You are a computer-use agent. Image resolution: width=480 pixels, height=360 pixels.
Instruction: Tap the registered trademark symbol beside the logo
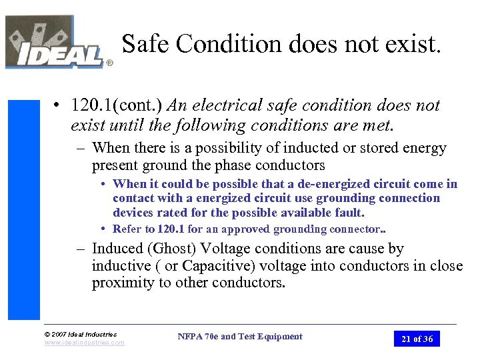109,64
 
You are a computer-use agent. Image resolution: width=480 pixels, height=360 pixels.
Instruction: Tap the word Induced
116,249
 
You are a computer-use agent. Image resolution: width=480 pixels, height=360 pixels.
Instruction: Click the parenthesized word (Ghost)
170,249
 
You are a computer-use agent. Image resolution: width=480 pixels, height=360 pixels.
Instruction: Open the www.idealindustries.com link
84,343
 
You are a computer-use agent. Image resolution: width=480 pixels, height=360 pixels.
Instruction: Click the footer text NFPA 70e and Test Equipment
240,337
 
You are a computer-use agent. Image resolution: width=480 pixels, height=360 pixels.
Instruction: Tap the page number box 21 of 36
417,339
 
